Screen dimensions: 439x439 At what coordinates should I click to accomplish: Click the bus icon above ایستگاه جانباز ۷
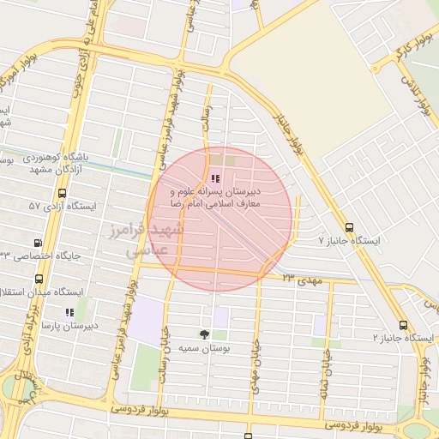click(349, 227)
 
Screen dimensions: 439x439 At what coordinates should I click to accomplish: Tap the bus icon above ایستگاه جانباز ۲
click(403, 325)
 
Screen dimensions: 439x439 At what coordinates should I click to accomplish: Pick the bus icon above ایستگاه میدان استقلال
click(39, 280)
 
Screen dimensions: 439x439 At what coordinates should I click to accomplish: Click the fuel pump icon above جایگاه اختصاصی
click(37, 243)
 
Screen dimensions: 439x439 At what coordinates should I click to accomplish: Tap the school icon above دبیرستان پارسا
click(69, 313)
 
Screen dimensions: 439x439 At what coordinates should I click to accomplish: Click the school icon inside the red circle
click(215, 178)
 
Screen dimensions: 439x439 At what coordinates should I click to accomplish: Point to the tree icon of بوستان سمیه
click(204, 334)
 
